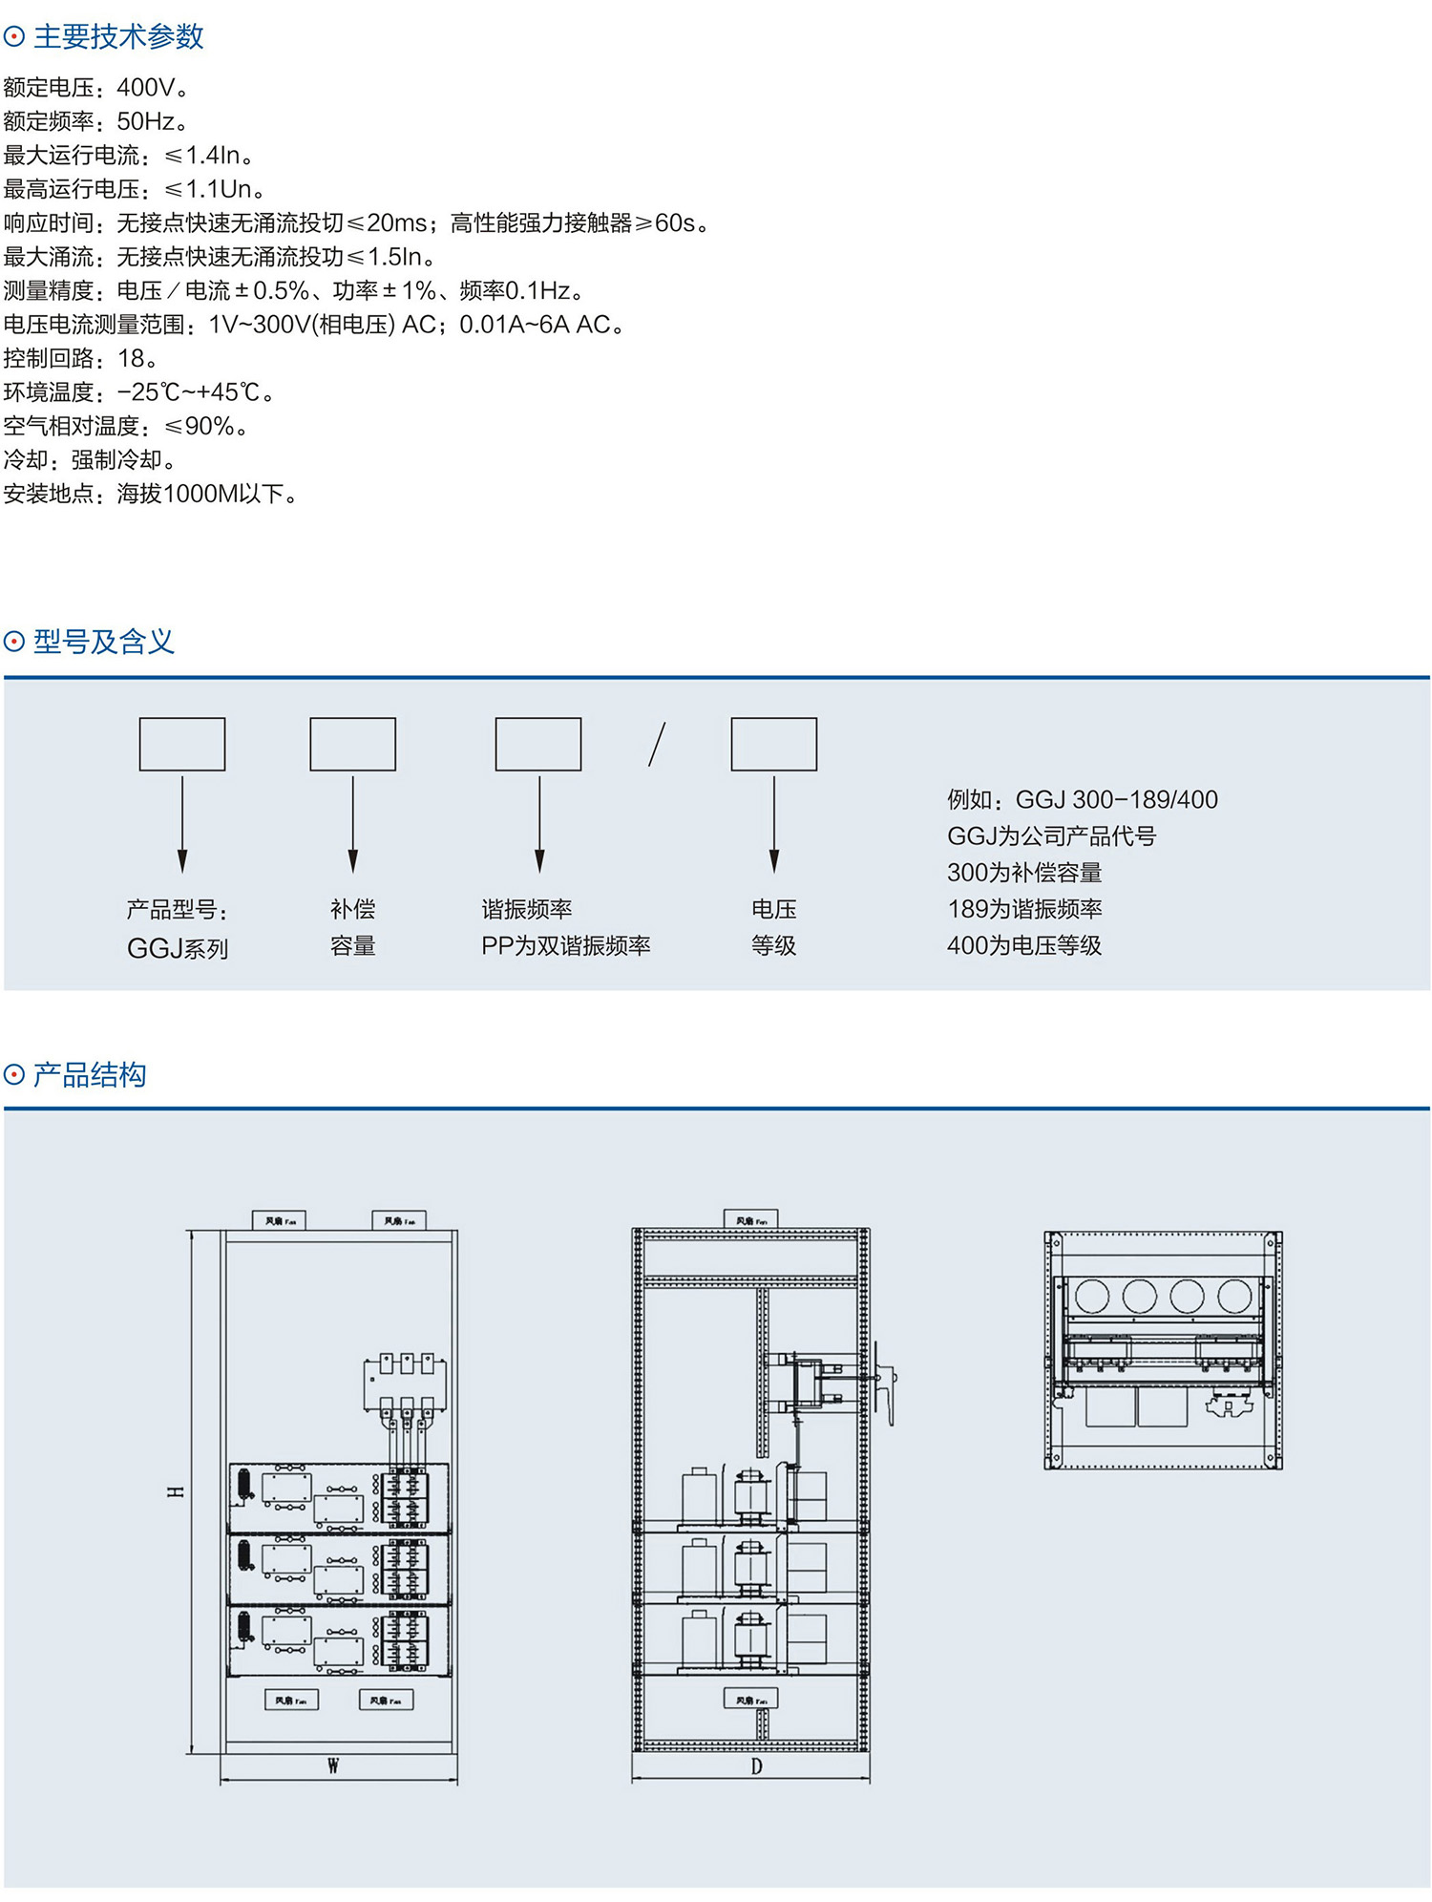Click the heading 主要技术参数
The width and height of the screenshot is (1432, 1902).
click(118, 37)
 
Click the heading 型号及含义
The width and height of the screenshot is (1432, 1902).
click(104, 642)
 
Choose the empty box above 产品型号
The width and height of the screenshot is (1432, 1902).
click(182, 744)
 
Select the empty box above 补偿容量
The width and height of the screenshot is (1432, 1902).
click(352, 744)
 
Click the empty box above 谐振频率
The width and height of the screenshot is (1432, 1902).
click(538, 744)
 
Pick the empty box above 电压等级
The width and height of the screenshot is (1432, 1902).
click(774, 744)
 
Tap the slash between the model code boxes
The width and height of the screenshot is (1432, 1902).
click(657, 744)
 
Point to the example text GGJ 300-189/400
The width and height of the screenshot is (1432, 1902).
click(1116, 799)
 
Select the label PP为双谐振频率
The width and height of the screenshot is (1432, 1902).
click(565, 945)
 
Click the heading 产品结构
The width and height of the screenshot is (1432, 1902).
click(90, 1075)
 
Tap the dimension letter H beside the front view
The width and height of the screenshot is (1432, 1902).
click(176, 1490)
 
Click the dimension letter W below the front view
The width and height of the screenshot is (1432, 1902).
click(333, 1765)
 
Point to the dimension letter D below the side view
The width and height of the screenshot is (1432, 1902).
click(756, 1766)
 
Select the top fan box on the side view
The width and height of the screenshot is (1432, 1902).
click(751, 1219)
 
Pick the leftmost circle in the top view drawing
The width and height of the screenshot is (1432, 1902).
click(1091, 1296)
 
